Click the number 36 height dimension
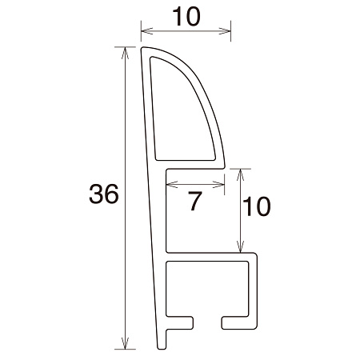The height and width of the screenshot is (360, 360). point(105,194)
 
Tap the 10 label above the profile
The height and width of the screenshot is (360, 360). point(186,15)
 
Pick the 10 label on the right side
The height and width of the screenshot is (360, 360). point(256,208)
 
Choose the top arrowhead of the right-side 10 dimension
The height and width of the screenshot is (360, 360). point(241,172)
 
